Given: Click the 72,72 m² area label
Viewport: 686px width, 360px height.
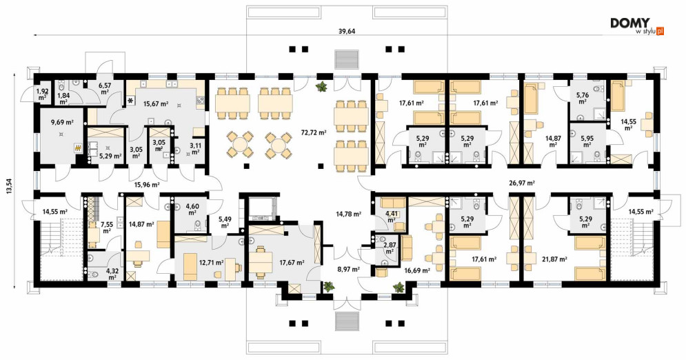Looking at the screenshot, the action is tap(313, 132).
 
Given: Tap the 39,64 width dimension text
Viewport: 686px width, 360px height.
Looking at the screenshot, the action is tap(347, 31).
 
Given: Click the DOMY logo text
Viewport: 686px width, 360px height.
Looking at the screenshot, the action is tap(630, 23).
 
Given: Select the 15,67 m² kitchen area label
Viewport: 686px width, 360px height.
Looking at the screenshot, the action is tap(157, 103).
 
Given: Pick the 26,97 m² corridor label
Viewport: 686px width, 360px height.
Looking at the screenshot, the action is tap(522, 183).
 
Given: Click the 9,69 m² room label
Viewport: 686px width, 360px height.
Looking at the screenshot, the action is tap(61, 123).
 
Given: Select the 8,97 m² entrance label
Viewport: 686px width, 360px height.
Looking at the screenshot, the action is tap(348, 269).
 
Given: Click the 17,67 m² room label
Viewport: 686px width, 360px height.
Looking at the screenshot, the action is tap(292, 263).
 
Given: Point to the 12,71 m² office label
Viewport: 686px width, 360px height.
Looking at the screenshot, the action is tap(212, 263).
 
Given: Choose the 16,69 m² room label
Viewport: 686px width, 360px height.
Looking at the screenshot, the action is tap(417, 270).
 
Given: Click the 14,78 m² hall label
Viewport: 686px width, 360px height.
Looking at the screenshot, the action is tap(348, 214).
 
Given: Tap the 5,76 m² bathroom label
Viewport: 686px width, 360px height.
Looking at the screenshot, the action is tap(583, 97).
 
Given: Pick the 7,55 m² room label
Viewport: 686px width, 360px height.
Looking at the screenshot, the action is tap(107, 227).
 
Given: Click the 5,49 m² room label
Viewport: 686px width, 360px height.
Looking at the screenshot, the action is tap(225, 222).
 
